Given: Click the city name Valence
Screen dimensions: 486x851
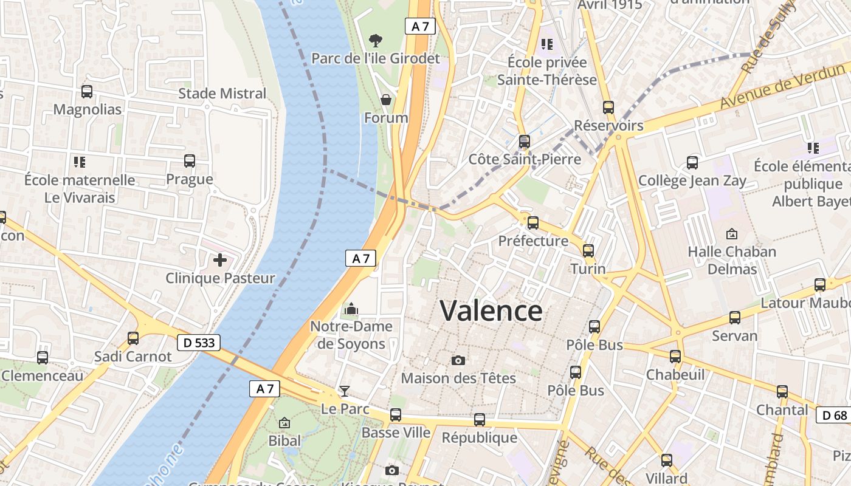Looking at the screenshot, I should pyautogui.click(x=491, y=311).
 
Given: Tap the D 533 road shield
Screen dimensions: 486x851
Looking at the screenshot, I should pyautogui.click(x=199, y=343).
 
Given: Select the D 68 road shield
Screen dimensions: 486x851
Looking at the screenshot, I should pyautogui.click(x=833, y=416).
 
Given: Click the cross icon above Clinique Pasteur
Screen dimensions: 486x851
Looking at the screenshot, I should pyautogui.click(x=220, y=261).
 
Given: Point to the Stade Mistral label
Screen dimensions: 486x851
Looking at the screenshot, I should pyautogui.click(x=222, y=94).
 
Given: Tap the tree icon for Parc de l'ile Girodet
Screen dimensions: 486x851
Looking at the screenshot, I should pyautogui.click(x=376, y=41).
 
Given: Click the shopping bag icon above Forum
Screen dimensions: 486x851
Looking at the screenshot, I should pyautogui.click(x=386, y=99).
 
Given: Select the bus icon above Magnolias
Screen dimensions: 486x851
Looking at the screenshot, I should pyautogui.click(x=87, y=92).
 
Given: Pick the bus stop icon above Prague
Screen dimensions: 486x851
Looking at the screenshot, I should pyautogui.click(x=190, y=161).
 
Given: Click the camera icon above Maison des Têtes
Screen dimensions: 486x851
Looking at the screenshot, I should pyautogui.click(x=459, y=360).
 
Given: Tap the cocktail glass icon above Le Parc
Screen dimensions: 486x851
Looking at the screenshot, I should pyautogui.click(x=345, y=391).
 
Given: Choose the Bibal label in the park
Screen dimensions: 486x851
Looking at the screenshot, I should pyautogui.click(x=284, y=440).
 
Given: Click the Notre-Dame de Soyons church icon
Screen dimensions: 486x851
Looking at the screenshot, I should pyautogui.click(x=351, y=309).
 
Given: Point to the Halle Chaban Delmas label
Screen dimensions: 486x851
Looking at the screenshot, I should pyautogui.click(x=732, y=260).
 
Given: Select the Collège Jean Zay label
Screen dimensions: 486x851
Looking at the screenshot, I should pyautogui.click(x=692, y=180).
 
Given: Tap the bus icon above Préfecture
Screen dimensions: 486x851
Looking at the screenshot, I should pyautogui.click(x=533, y=223).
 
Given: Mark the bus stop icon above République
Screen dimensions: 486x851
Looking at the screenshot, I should pyautogui.click(x=480, y=419).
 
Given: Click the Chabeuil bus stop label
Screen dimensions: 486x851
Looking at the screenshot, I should pyautogui.click(x=675, y=374).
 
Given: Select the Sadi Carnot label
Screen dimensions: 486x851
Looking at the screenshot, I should pyautogui.click(x=133, y=356).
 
